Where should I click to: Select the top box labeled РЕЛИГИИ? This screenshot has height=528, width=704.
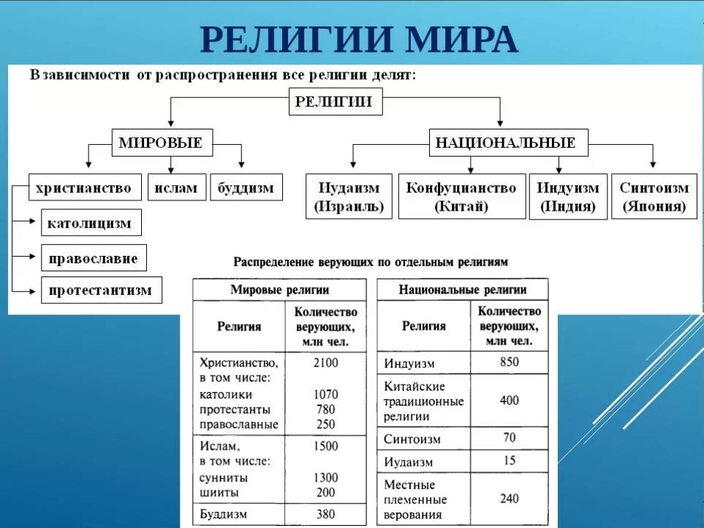point(334,102)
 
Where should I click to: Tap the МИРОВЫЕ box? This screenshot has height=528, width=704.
point(160,143)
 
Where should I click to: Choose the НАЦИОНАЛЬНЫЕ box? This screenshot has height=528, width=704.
point(505,143)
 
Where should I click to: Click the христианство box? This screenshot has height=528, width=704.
point(83,188)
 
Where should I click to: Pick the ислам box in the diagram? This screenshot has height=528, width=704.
point(176,188)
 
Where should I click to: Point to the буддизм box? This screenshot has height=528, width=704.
point(246,188)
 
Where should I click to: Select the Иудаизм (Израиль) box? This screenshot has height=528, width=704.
point(348,197)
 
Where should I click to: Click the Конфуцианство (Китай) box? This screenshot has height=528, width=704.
point(461,197)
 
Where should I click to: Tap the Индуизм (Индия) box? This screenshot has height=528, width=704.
point(567,197)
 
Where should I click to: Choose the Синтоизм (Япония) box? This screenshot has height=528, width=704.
point(654,197)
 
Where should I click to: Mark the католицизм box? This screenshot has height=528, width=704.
point(91,223)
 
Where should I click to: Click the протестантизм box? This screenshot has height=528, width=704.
point(100,290)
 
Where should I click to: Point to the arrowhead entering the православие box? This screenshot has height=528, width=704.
point(34,257)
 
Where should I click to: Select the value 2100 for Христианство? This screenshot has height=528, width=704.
point(325,362)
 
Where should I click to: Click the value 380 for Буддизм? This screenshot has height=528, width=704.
point(325,514)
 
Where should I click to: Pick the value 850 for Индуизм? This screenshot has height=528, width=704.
point(509,362)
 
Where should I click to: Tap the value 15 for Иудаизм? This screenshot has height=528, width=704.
point(509,461)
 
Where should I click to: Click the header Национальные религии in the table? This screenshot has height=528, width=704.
point(462,290)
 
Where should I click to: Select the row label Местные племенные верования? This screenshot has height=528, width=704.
point(414,499)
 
